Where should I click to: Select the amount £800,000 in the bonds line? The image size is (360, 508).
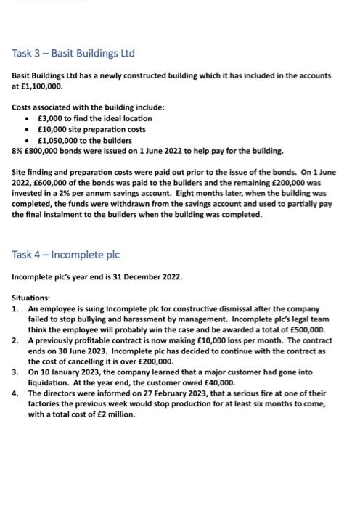click(43, 150)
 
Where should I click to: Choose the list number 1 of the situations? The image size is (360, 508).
click(16, 308)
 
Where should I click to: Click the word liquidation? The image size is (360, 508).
click(49, 383)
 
